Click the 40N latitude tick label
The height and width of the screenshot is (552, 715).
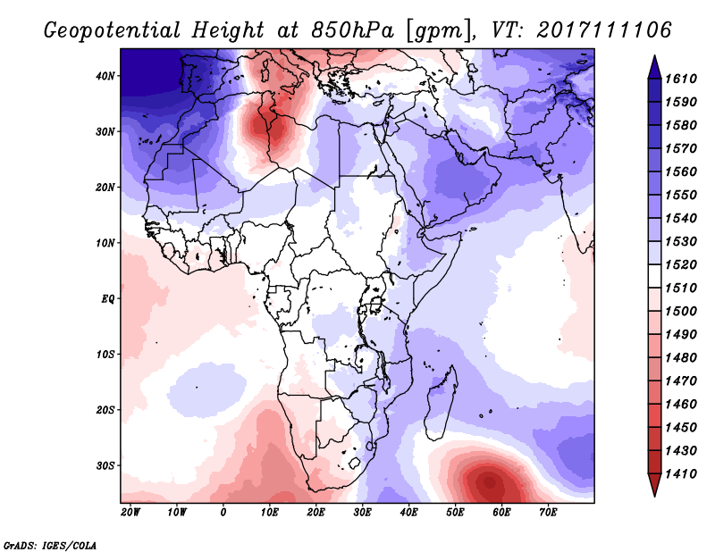106,76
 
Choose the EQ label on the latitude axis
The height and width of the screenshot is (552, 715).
107,298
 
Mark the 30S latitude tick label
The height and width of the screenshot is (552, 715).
106,465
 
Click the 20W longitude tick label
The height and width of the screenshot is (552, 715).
130,513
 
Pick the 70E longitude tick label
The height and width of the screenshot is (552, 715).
548,513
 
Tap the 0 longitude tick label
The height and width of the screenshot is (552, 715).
223,513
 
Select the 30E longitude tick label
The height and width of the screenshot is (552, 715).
362,513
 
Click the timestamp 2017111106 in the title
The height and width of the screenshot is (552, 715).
605,30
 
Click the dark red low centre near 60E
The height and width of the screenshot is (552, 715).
491,484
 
